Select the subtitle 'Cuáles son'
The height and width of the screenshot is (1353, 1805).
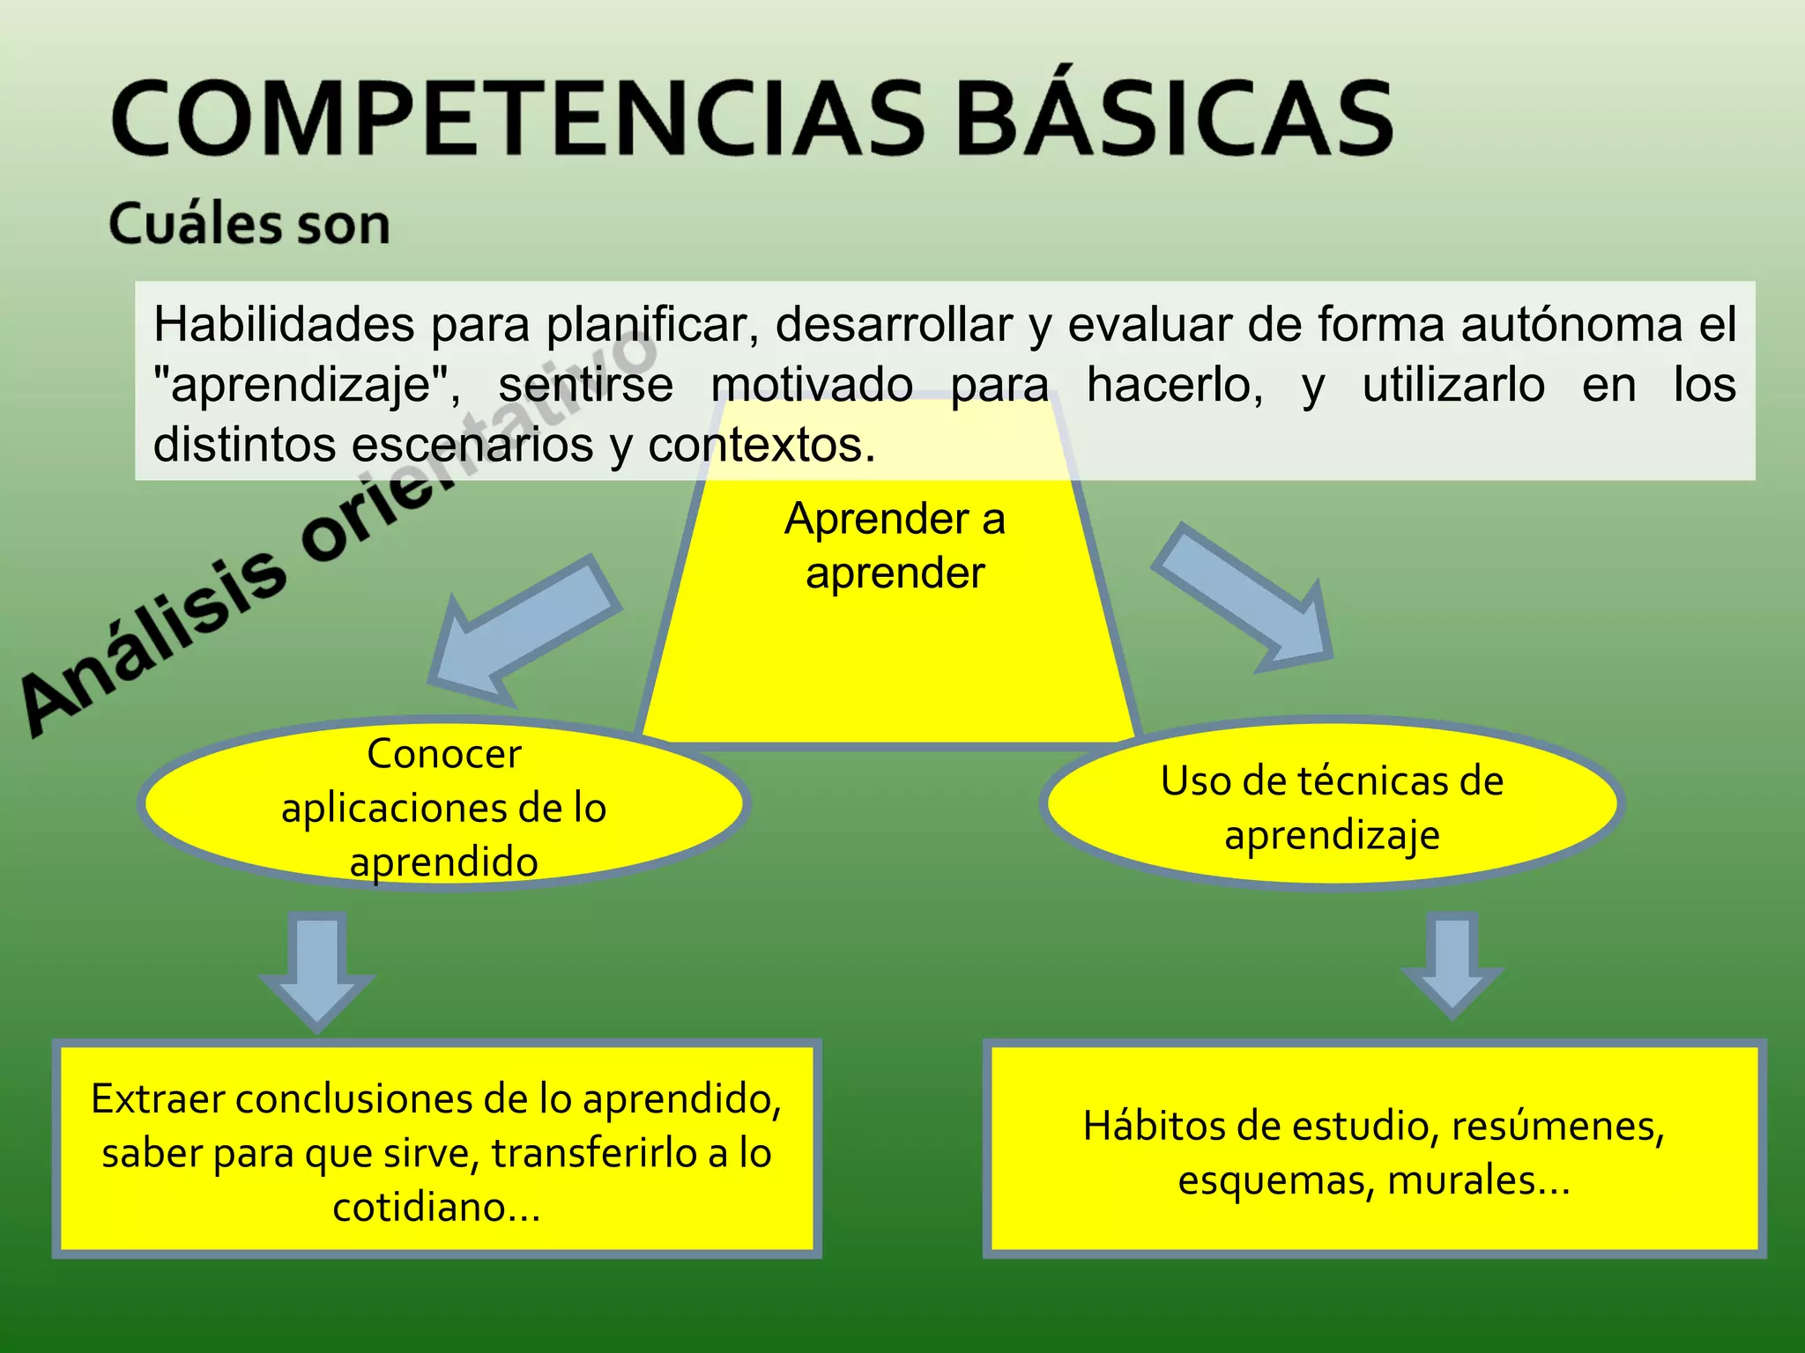(249, 224)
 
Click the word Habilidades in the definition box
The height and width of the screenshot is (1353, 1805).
(284, 325)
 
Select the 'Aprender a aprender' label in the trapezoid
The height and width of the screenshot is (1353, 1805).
(895, 545)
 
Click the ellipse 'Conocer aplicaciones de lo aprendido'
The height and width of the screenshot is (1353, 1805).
(443, 806)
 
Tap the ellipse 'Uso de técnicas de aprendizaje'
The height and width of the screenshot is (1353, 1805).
(1332, 806)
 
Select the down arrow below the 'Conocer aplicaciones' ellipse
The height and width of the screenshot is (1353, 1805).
(317, 969)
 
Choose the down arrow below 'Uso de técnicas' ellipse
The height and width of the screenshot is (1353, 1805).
(1452, 965)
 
